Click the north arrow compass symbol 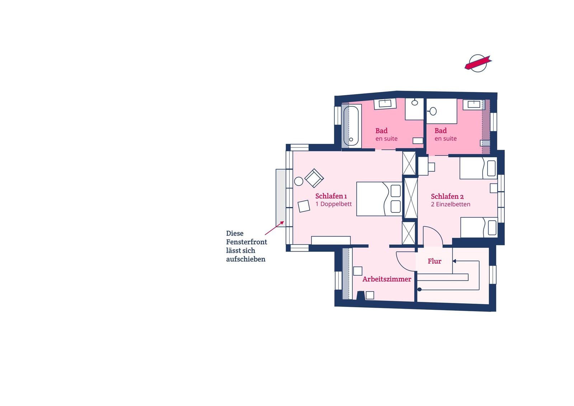click(x=478, y=63)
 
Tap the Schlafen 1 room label click(x=331, y=196)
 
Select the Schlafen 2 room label click(x=447, y=196)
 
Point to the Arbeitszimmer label click(x=387, y=279)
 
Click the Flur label click(x=434, y=261)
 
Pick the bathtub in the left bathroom click(x=351, y=126)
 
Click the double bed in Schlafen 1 click(x=379, y=199)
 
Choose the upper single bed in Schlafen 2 click(x=478, y=168)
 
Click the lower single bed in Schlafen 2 click(x=479, y=228)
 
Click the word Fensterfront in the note click(x=246, y=242)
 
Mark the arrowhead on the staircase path click(x=454, y=261)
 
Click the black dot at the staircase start click(x=419, y=290)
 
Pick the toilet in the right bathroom click(x=432, y=111)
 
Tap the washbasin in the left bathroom click(x=385, y=104)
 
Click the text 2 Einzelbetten click(x=451, y=204)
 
